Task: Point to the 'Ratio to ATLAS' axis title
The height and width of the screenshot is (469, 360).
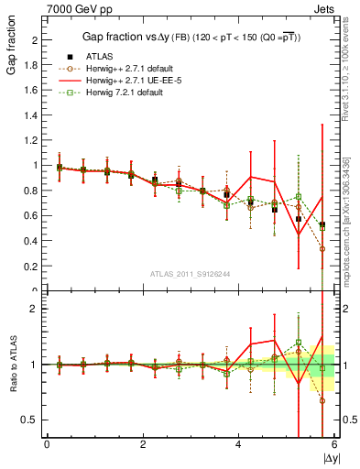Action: tap(11, 365)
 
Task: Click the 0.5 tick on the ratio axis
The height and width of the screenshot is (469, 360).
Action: tap(30, 420)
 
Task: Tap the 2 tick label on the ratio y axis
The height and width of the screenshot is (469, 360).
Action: tap(35, 310)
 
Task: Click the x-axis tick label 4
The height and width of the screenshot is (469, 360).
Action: tap(239, 444)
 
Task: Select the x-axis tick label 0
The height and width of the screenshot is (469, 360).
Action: tap(47, 444)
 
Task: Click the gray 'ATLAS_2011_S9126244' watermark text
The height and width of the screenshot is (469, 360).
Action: tap(190, 273)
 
